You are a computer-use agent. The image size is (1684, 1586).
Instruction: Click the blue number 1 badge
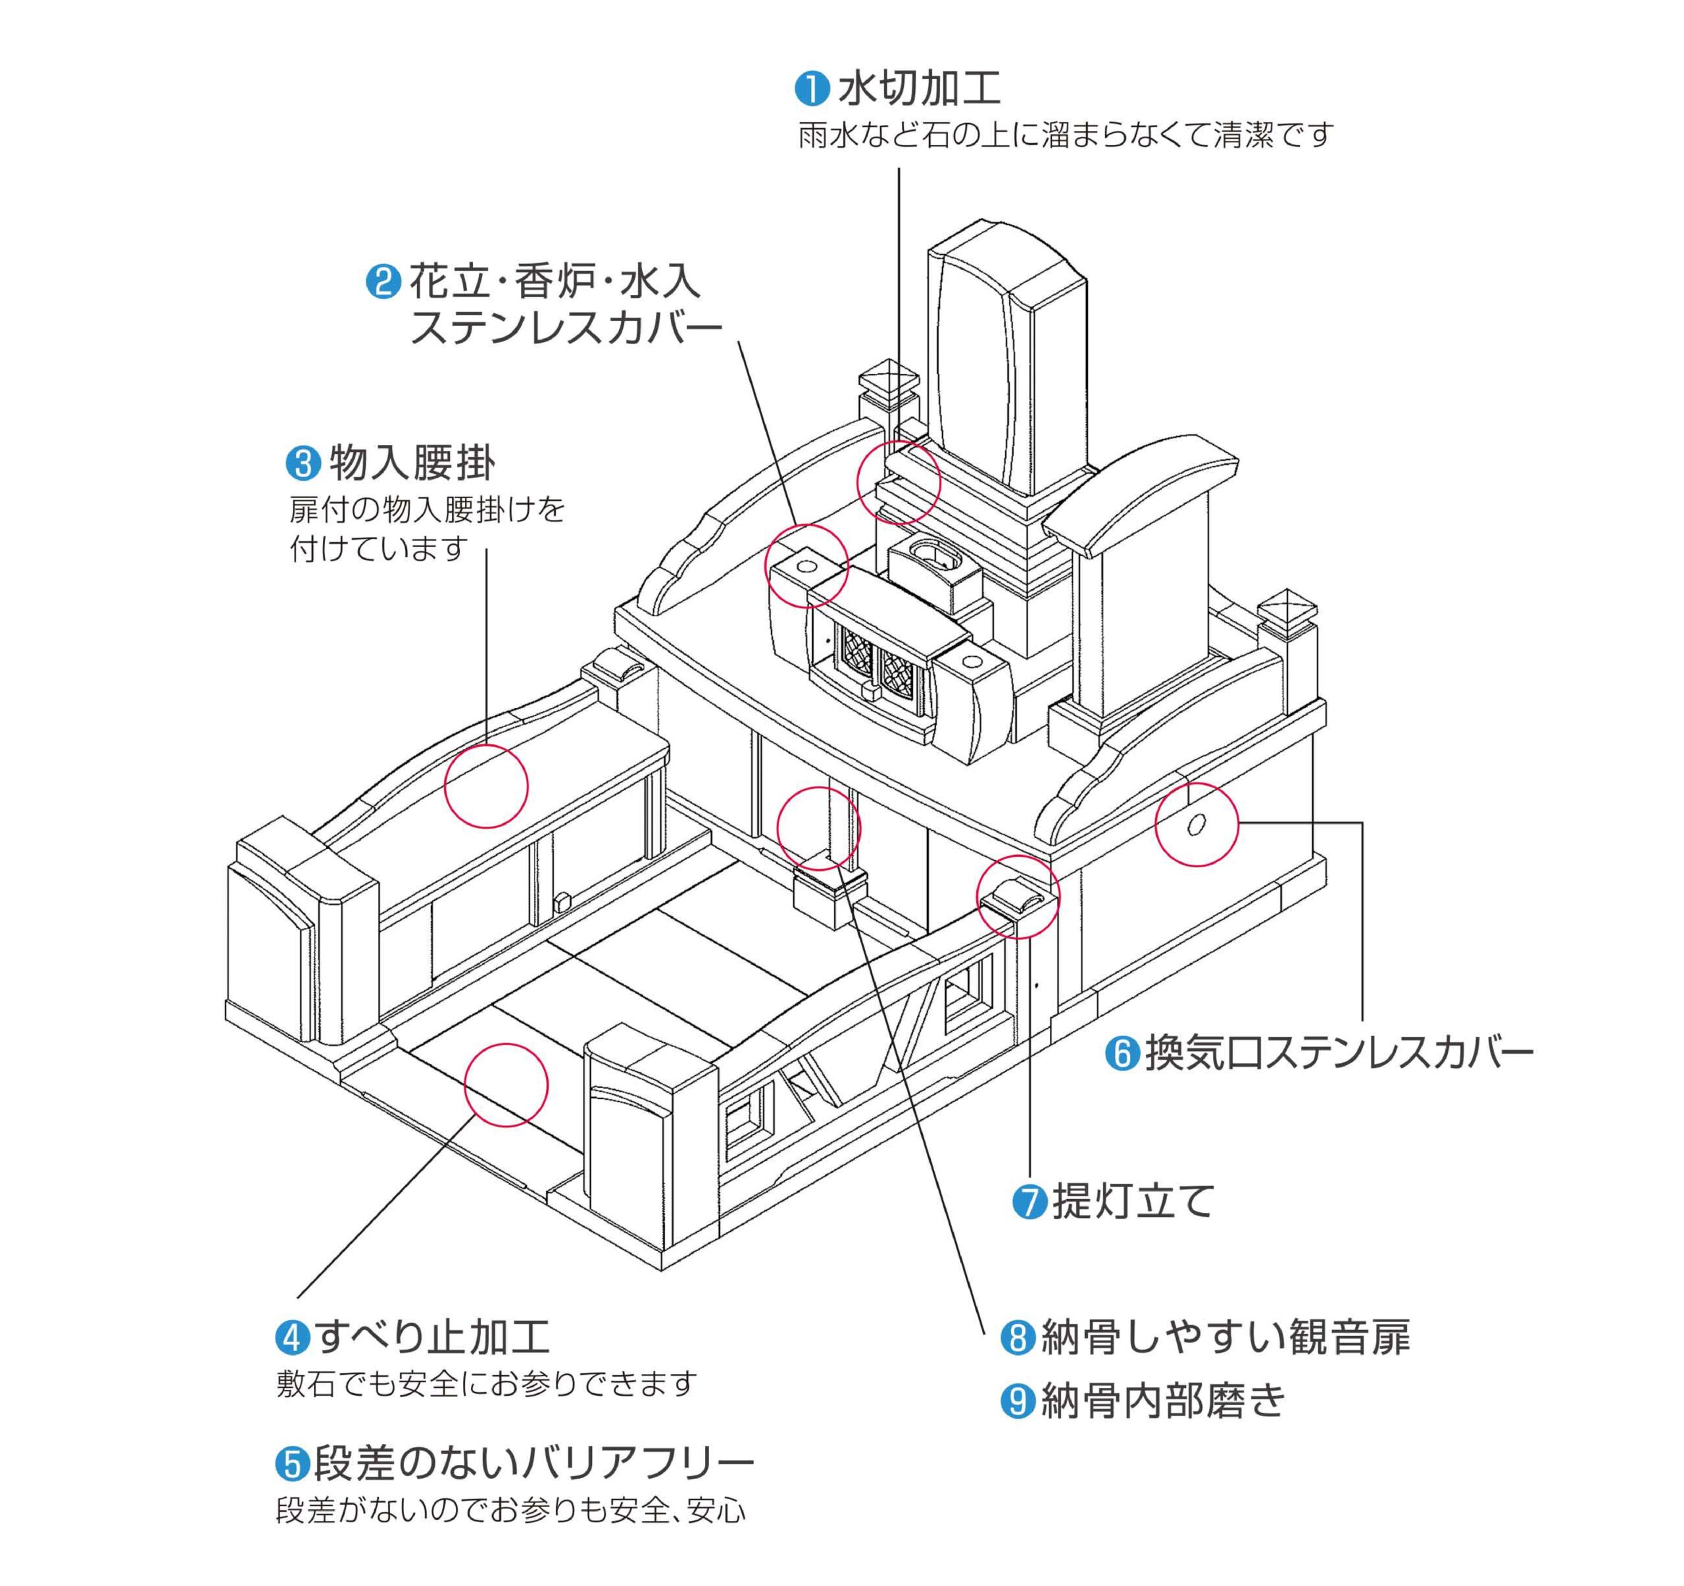tap(812, 89)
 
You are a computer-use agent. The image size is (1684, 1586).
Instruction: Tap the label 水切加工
tap(919, 88)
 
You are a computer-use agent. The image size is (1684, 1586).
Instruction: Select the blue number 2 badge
tap(383, 282)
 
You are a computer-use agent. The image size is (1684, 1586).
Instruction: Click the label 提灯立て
tap(1133, 1202)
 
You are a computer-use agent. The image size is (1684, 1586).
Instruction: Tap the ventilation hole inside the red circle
tap(1196, 825)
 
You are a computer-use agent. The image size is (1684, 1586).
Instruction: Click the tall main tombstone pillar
tap(1008, 365)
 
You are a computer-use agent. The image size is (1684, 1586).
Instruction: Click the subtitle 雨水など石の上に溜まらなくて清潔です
tap(1066, 136)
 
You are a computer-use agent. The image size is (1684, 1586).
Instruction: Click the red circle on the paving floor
tap(506, 1085)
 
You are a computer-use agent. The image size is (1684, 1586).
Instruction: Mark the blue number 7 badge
tap(1030, 1202)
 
